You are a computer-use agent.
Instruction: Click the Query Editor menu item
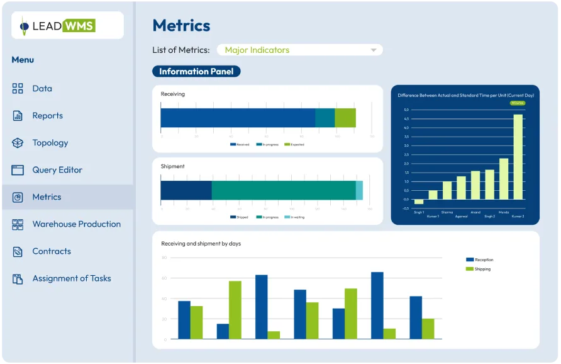point(57,170)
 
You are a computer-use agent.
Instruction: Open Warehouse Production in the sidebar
point(76,224)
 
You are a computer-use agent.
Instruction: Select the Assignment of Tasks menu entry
point(71,278)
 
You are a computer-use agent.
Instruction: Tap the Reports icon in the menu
point(18,116)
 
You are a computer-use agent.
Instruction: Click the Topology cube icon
point(18,143)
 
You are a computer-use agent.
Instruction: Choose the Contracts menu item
point(51,251)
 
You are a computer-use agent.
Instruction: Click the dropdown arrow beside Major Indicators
point(374,50)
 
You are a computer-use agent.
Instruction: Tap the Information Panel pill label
point(196,72)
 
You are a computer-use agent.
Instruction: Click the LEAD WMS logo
point(67,26)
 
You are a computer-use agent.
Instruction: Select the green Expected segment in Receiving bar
point(345,118)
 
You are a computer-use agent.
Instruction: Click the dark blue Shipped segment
point(186,190)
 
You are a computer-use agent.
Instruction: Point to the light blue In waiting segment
point(359,190)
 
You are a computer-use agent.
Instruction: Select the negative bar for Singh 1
point(419,202)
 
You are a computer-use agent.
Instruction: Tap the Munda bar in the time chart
point(504,178)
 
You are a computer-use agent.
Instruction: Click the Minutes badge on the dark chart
point(517,103)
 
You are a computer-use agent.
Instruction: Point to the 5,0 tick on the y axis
point(406,110)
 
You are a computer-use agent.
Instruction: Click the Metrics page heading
point(181,25)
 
